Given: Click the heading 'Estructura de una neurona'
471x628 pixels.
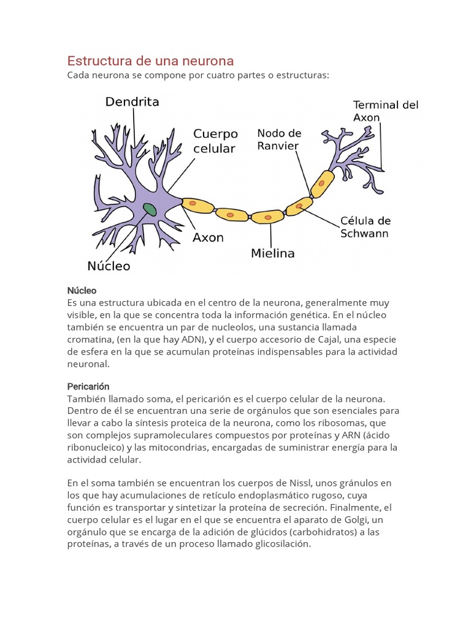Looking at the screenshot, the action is click(x=150, y=61).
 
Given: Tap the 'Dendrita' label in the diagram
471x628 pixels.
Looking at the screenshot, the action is click(x=132, y=102).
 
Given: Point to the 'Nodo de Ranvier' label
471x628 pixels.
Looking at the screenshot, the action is click(x=279, y=139).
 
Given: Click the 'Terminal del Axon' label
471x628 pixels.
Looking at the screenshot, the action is click(x=386, y=111).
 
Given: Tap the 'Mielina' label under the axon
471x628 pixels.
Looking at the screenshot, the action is click(x=273, y=253).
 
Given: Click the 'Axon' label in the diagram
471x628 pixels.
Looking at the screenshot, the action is click(x=209, y=237).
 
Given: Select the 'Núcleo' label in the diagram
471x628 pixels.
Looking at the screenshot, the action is click(x=109, y=266).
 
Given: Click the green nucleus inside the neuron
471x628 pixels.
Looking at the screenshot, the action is click(x=150, y=209).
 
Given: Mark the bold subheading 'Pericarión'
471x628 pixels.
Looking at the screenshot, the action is click(x=88, y=386).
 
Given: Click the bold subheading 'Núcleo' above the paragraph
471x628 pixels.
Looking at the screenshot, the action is click(x=82, y=290).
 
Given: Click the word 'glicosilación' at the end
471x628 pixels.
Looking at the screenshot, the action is click(x=282, y=544).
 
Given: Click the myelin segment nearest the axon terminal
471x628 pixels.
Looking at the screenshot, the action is click(x=321, y=183).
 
